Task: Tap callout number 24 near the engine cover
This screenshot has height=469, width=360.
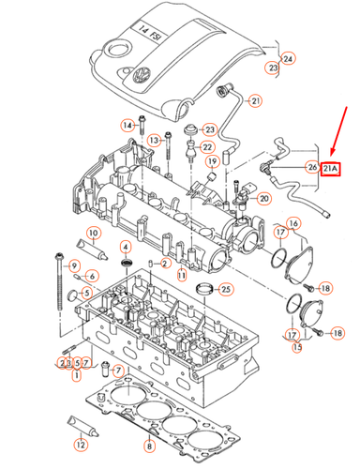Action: (x=288, y=59)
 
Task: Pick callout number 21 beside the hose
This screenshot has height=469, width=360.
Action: (x=256, y=100)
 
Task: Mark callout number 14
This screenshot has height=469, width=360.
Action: (x=127, y=125)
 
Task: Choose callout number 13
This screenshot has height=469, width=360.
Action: (x=150, y=139)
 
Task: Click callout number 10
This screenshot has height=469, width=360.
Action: (x=93, y=233)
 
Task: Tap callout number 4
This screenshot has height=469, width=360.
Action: (x=124, y=247)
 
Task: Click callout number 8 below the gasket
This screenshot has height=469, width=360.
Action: (x=146, y=445)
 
